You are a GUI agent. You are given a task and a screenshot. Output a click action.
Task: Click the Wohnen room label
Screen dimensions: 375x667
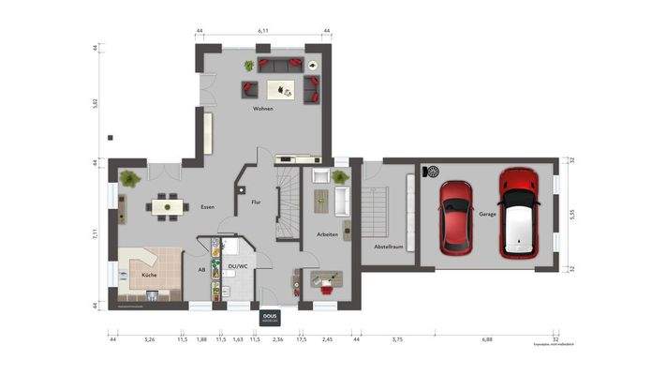tap(262, 110)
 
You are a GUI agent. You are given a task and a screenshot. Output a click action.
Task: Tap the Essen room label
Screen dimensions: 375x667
tap(208, 207)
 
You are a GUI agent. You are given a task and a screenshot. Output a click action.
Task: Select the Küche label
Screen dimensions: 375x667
tap(149, 276)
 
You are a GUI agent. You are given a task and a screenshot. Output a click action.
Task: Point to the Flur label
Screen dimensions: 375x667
tap(255, 202)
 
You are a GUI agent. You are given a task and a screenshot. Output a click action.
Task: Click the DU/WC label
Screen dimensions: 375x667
tap(238, 266)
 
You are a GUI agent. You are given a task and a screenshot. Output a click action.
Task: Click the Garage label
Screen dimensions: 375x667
tap(487, 215)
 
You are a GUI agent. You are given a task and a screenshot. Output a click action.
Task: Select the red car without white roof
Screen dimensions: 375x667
tap(456, 215)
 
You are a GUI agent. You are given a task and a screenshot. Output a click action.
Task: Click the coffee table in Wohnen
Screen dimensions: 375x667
tap(279, 89)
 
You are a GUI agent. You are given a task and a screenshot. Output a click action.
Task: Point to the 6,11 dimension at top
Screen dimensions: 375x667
tap(263, 31)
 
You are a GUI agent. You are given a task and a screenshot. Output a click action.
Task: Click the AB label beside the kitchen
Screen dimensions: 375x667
tap(201, 270)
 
